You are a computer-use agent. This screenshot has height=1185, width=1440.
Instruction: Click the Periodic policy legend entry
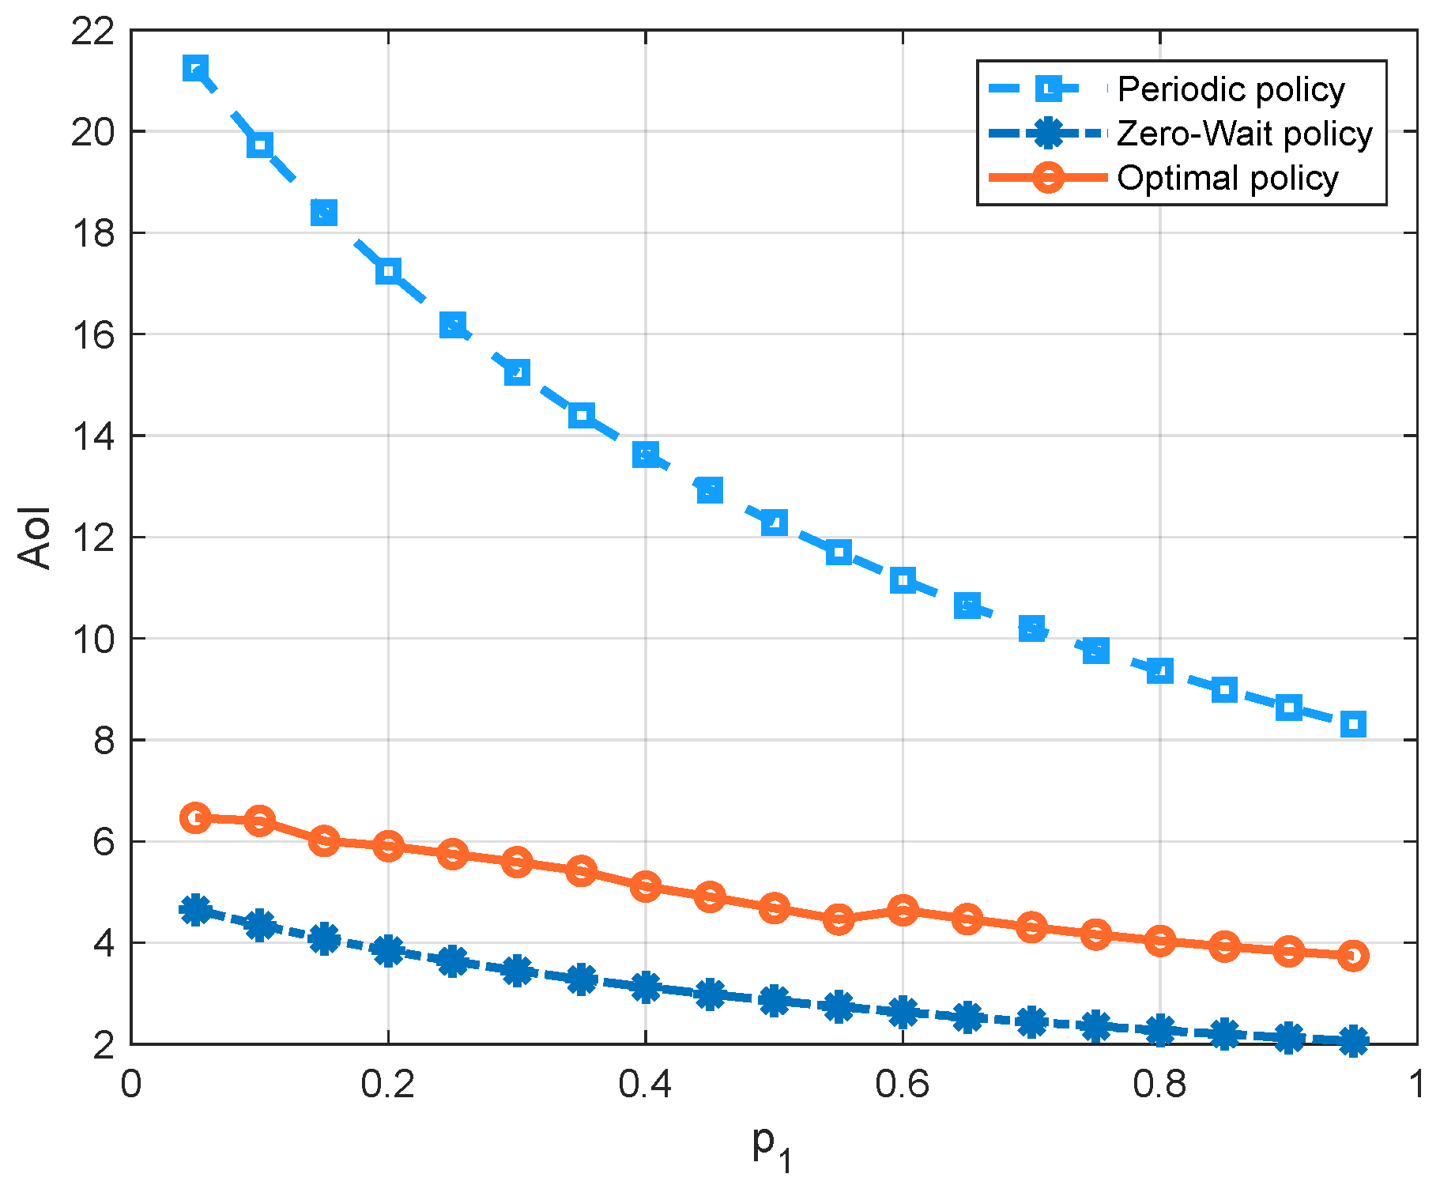1230,89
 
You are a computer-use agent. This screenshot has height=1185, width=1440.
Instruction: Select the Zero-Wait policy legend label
1244,134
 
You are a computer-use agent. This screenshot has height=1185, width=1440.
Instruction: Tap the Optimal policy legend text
1227,178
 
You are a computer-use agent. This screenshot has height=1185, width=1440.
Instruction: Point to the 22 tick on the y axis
92,32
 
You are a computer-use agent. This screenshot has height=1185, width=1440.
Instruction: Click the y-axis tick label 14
92,436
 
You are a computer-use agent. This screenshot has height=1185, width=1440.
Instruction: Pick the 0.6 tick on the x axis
902,1084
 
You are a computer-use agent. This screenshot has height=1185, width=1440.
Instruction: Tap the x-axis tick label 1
1415,1084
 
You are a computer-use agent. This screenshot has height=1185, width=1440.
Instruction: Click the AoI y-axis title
35,537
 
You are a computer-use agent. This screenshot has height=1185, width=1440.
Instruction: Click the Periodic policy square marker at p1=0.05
195,69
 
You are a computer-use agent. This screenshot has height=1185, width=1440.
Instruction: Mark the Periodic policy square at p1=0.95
1353,723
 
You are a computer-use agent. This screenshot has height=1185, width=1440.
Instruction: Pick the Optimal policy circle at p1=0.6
903,910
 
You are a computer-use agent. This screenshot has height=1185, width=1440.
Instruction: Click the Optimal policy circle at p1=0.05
195,817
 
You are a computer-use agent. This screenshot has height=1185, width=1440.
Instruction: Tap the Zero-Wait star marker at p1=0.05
195,910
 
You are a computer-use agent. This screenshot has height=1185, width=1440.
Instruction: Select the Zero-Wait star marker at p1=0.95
1353,1040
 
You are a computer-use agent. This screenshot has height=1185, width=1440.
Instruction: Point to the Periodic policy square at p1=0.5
775,522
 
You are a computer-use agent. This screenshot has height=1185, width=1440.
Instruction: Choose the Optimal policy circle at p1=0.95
1353,956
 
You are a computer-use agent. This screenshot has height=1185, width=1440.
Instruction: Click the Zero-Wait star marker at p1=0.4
646,987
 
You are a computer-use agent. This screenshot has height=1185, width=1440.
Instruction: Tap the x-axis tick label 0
131,1084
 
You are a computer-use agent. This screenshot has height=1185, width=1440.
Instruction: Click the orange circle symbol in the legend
1048,177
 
